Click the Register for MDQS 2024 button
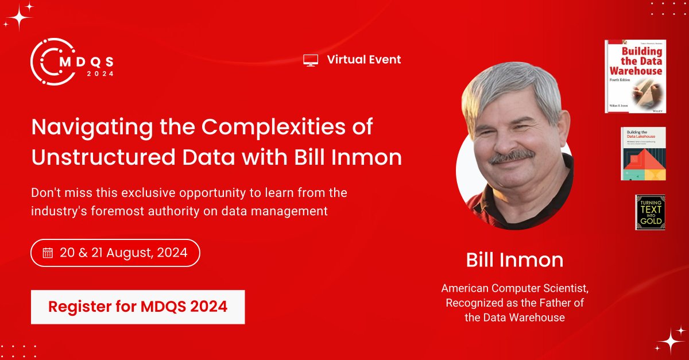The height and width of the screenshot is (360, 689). [138, 307]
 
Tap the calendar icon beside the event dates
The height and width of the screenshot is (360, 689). [48, 253]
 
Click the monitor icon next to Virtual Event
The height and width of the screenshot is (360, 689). [311, 60]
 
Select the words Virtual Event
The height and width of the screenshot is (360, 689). [364, 59]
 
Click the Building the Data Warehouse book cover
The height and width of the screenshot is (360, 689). [636, 76]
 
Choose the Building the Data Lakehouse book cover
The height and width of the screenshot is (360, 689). [643, 153]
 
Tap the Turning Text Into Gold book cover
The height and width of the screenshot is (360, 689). [650, 212]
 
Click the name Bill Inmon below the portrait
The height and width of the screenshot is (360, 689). [514, 260]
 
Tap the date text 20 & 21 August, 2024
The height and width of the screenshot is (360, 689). [123, 253]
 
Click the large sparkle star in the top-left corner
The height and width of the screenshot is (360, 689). [19, 17]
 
